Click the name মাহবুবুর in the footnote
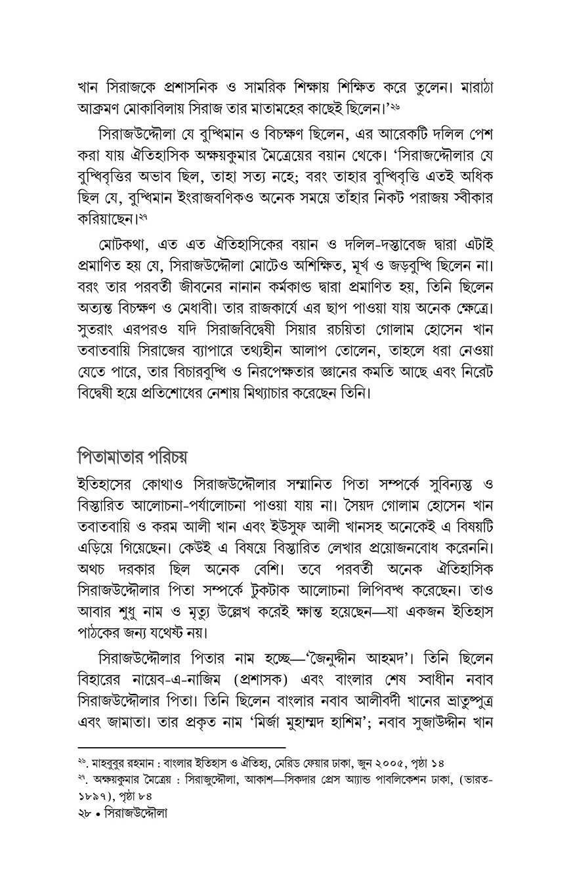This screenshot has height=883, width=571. (116, 762)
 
